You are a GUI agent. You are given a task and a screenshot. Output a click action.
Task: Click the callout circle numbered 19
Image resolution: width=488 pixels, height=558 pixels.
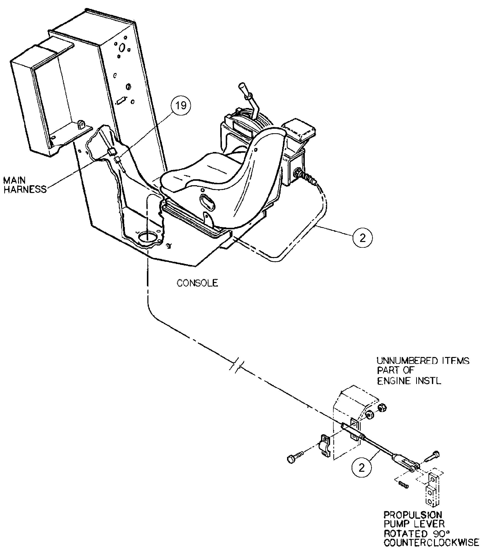coord(181,105)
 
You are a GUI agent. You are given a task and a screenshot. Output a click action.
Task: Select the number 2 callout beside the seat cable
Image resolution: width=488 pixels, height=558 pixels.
coord(362,238)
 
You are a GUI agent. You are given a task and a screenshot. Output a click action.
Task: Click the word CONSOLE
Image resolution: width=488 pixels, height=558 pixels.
coord(197,283)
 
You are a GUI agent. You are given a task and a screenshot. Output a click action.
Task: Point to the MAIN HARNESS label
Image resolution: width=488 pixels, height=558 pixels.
coord(25,185)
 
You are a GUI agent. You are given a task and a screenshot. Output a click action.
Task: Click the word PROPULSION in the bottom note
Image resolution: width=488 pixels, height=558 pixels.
coord(413,515)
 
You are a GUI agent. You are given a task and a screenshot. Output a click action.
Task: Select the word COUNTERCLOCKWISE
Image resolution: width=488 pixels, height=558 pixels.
coord(431,542)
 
